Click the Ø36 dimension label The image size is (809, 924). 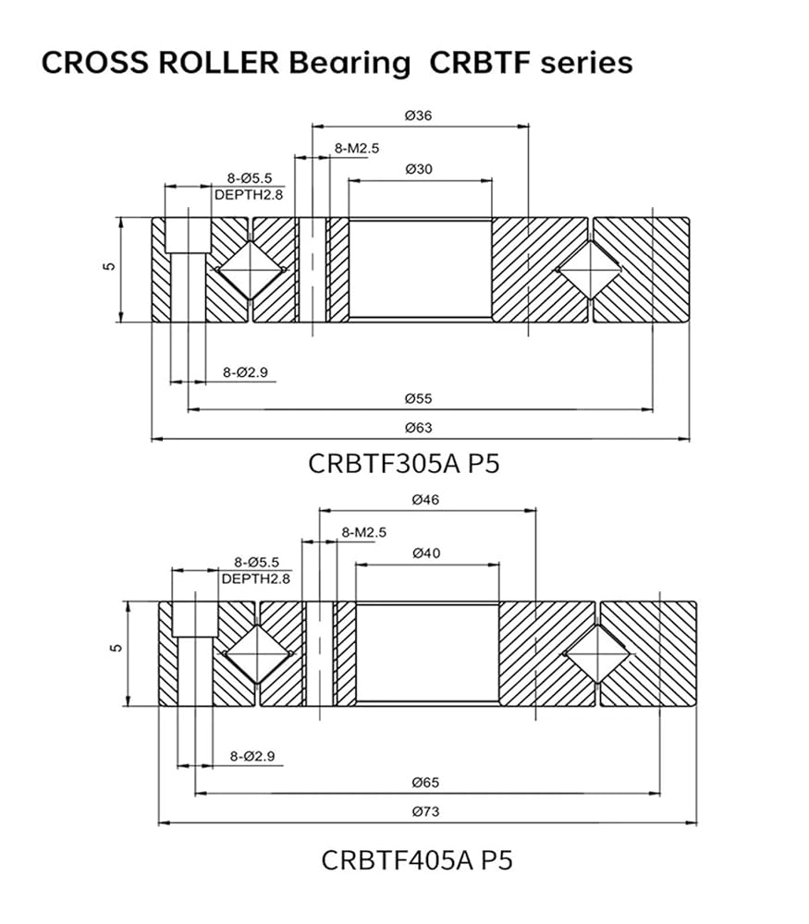click(x=419, y=115)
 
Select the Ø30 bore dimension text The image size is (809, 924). click(x=419, y=169)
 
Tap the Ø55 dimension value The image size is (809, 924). click(x=419, y=398)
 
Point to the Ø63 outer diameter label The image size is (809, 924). click(x=419, y=427)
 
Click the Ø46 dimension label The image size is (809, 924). click(x=425, y=500)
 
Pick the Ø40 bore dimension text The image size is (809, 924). click(x=426, y=553)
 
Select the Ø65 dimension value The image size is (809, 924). click(x=425, y=783)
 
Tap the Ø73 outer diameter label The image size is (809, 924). click(x=425, y=811)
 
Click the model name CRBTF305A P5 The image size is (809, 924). click(x=404, y=464)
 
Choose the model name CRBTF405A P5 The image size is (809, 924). click(x=417, y=859)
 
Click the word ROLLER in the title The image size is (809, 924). click(x=218, y=63)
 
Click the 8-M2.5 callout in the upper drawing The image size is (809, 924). click(x=357, y=149)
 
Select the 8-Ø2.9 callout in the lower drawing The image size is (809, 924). click(x=252, y=756)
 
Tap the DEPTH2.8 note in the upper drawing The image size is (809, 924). click(x=249, y=194)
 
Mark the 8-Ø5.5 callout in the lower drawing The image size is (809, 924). click(x=256, y=562)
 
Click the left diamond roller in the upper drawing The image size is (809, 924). click(x=251, y=270)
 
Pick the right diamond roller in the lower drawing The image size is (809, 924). click(x=597, y=653)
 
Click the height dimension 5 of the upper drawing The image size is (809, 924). click(x=109, y=266)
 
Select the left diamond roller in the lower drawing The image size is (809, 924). click(x=258, y=653)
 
